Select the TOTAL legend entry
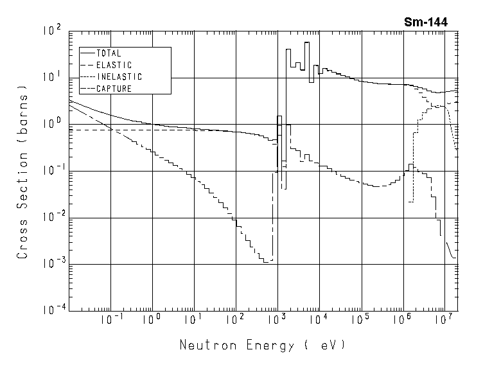pos(109,53)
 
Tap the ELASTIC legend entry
pos(114,65)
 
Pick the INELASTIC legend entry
pos(119,76)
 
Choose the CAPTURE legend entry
pos(114,89)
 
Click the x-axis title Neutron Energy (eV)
pos(263,345)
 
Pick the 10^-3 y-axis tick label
pos(51,263)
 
